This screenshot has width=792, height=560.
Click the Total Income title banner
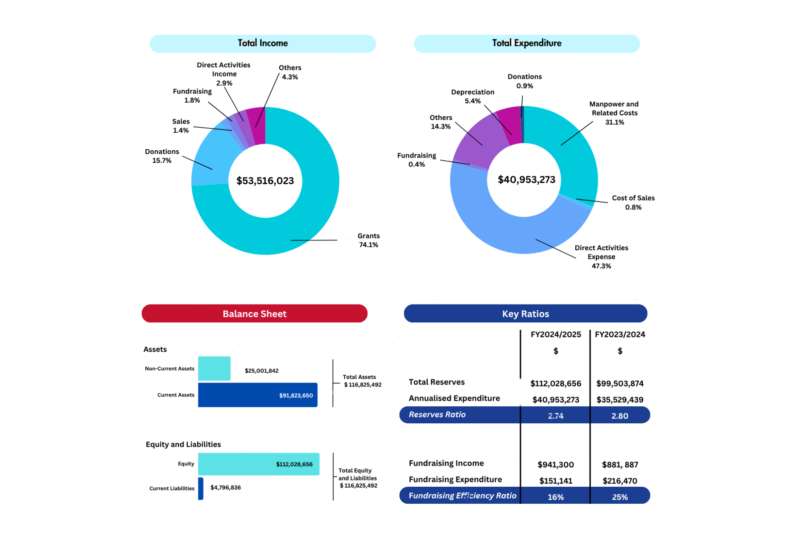pos(263,43)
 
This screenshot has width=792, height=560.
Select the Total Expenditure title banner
pos(527,43)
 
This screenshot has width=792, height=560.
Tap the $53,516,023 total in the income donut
pos(265,181)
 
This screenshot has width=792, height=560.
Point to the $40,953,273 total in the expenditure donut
pos(526,179)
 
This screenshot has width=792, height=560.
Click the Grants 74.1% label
pos(368,240)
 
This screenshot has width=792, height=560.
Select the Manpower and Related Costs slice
pos(570,147)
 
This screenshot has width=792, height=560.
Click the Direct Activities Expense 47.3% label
pos(601,257)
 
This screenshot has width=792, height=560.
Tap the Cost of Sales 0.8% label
pos(633,202)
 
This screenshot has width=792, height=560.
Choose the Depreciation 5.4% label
pos(472,96)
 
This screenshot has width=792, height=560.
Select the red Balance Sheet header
pos(254,314)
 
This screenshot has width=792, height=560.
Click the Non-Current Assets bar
pos(214,368)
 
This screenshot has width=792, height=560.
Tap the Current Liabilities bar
pos(201,488)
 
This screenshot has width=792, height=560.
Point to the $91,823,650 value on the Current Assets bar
pos(296,395)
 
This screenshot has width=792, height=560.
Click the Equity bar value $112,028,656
pos(294,464)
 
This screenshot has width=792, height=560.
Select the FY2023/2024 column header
pos(620,334)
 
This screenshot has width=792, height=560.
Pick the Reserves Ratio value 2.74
pos(556,415)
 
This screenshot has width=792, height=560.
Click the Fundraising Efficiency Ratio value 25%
pos(620,497)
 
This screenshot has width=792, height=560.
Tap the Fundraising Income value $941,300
pos(556,464)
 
